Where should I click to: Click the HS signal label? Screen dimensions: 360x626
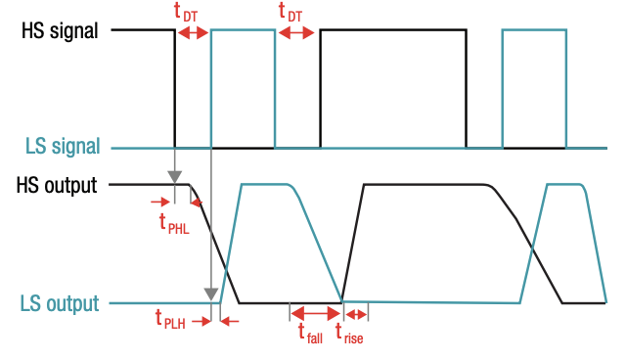click(x=60, y=30)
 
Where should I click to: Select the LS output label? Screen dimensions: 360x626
click(x=59, y=303)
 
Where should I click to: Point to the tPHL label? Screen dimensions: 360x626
click(x=173, y=223)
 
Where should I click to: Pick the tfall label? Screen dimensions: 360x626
click(x=310, y=333)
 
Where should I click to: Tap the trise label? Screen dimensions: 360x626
click(x=349, y=333)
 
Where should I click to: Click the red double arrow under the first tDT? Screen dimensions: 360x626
click(x=193, y=32)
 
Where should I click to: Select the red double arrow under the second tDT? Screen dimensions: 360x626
click(x=296, y=32)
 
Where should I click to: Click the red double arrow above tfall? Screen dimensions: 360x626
click(x=312, y=313)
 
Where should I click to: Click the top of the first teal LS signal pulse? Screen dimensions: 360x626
click(x=243, y=30)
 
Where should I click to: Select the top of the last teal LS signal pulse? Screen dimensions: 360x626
click(x=534, y=30)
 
